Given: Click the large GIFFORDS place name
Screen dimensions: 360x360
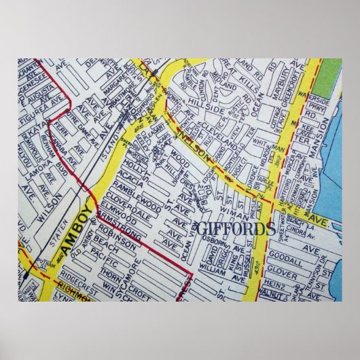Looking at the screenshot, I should [234, 229].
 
